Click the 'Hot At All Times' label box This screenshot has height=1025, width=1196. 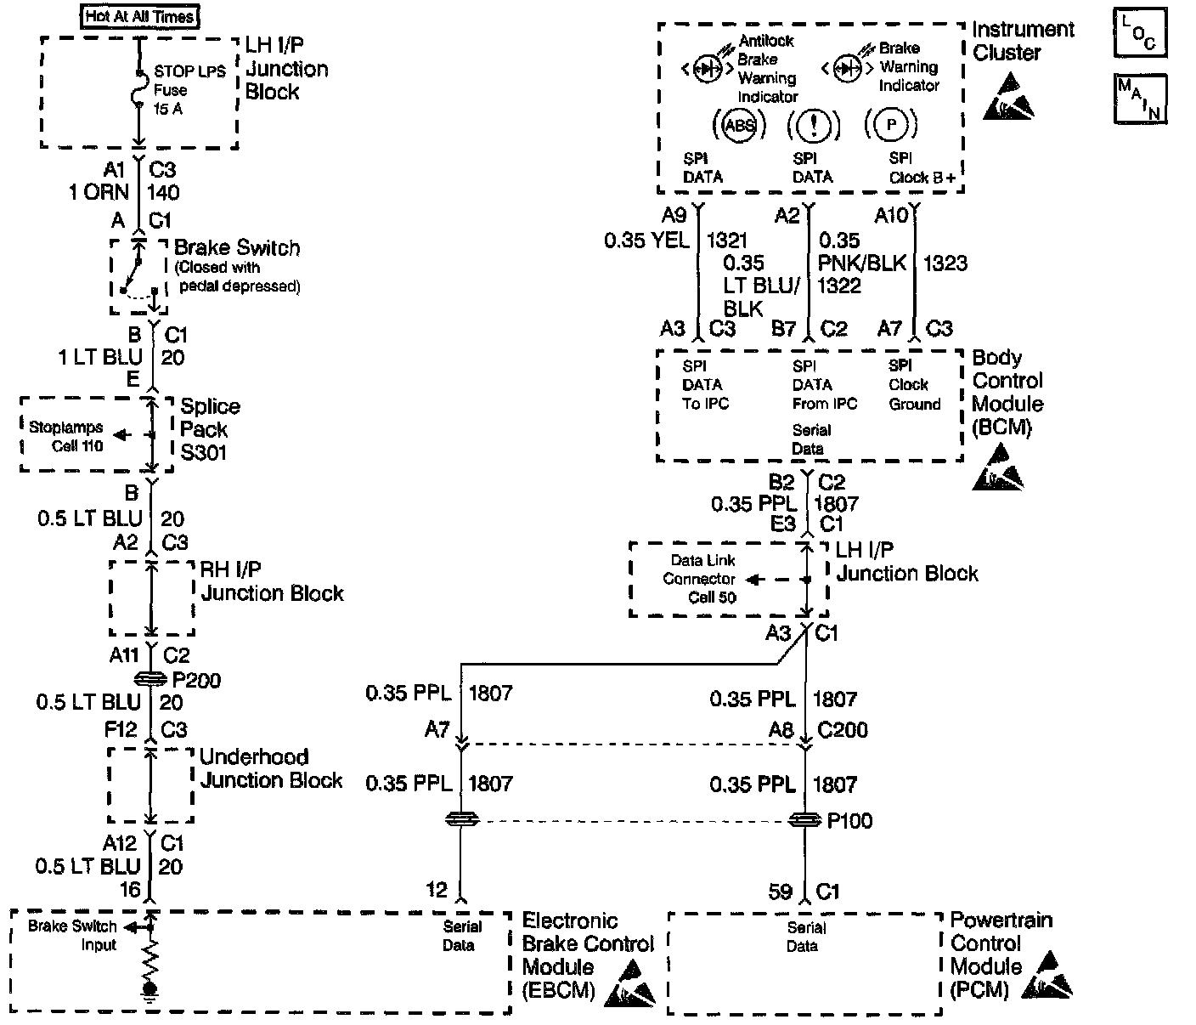coord(141,15)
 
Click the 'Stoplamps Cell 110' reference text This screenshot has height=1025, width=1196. coord(66,436)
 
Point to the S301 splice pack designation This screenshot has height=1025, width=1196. coord(204,453)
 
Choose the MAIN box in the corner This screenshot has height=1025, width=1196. coord(1139,98)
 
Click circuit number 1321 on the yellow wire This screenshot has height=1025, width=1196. coord(727,241)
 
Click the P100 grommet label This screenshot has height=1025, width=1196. coord(849,821)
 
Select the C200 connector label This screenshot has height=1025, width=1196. coord(843,730)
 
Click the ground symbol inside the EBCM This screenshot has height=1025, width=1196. coord(150,989)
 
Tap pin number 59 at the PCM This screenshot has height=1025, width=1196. coord(780,891)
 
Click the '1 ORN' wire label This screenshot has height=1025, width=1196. coord(99,192)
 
